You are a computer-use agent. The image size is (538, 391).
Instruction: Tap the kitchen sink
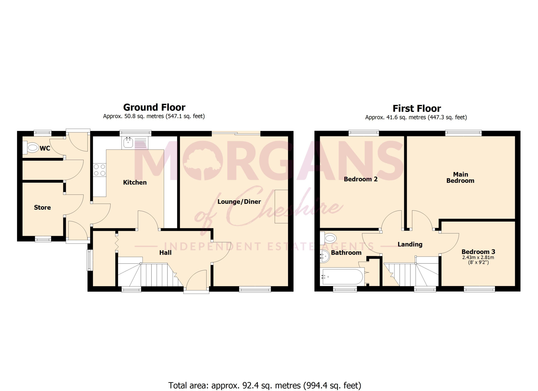(x=128, y=143)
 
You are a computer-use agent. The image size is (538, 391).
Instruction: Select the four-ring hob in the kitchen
(x=100, y=170)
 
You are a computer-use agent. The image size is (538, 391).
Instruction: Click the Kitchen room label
(x=135, y=182)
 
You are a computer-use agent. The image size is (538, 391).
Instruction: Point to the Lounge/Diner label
(x=239, y=202)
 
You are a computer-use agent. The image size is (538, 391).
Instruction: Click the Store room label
(x=42, y=207)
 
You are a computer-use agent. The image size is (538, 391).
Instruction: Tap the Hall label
(x=165, y=253)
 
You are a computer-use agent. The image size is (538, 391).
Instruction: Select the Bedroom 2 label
(x=360, y=179)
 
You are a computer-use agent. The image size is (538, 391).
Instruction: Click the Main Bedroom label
(x=460, y=177)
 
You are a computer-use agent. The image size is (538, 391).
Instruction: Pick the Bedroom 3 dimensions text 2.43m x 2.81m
(x=478, y=257)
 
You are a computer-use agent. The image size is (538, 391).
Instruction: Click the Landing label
(x=410, y=244)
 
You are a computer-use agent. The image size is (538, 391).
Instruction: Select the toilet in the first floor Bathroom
(x=329, y=238)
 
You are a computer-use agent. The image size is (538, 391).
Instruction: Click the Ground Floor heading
(x=154, y=107)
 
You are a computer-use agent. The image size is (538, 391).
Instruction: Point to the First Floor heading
(x=417, y=108)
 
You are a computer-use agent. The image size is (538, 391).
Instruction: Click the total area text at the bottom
(x=265, y=385)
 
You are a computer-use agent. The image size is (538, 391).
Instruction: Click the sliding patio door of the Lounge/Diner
(x=236, y=133)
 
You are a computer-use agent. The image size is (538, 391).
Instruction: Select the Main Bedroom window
(x=463, y=133)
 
